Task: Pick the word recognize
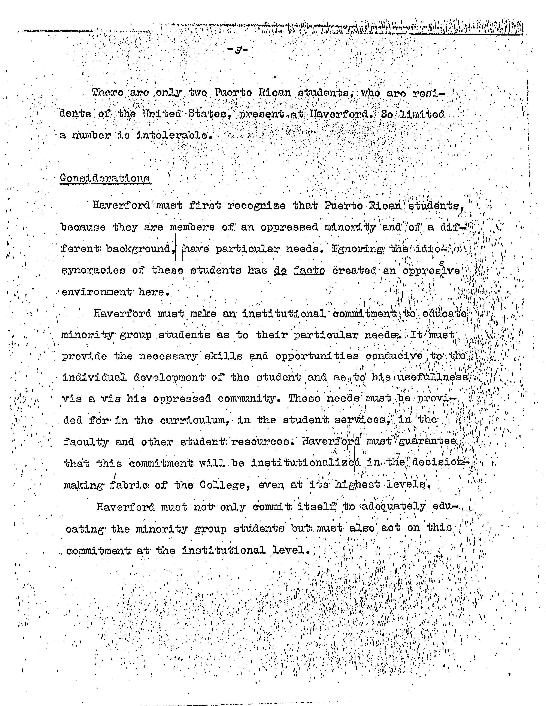257,206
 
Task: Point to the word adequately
393,507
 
